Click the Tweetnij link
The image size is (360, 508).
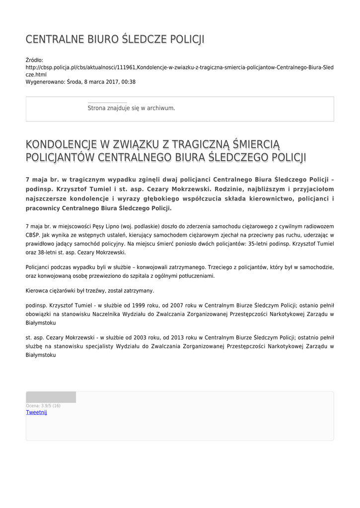[36, 412]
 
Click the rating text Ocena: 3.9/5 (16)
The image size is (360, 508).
[43, 406]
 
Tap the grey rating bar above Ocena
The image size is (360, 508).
[51, 397]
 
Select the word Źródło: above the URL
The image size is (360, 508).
[34, 60]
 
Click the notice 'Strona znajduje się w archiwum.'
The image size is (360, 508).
[131, 108]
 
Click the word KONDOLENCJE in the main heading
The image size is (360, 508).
[61, 144]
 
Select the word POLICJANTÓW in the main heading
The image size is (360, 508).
[60, 158]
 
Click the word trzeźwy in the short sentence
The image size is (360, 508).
[94, 291]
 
